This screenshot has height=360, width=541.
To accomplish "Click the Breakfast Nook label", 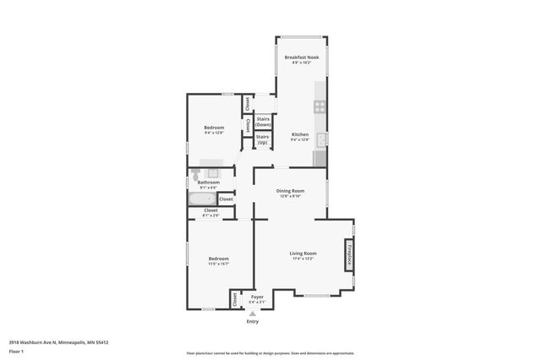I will pos(302,57).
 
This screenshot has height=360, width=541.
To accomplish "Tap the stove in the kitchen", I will pos(320,106).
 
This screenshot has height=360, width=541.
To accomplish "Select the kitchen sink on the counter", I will pos(322,139).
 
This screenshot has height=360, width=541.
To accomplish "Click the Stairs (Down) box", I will pos(263,122).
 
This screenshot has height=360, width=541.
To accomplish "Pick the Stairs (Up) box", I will pos(263,139).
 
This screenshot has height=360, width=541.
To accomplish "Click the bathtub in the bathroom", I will pos(203,199).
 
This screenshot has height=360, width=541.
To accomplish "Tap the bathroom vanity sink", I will pos(213,172).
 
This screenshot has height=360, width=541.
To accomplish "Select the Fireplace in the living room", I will pos(348,255).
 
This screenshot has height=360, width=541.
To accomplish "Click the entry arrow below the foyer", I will pos(252,313).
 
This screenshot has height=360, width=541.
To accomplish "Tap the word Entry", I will pos(252,322).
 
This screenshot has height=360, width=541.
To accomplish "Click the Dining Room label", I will pos(290,191).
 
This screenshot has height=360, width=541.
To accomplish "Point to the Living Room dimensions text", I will pos(303,259).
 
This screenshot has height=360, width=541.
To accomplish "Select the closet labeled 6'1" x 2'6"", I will pos(210,212).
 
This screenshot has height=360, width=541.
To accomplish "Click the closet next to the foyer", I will pos(233,298).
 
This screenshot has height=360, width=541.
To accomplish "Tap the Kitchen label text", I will pos(299,134).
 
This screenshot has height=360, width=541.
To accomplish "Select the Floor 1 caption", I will pos(16,350).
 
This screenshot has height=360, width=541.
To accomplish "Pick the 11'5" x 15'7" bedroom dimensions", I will pos(218,264).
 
